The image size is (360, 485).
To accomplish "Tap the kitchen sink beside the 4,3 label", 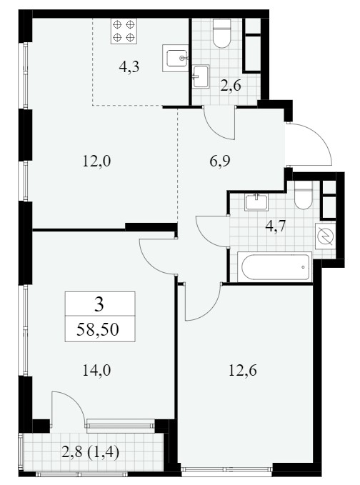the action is pos(176,58).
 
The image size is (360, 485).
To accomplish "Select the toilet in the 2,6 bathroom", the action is pos(222,33).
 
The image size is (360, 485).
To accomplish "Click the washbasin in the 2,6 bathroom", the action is pos(201,76).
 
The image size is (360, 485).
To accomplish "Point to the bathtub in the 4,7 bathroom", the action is pos(274,267).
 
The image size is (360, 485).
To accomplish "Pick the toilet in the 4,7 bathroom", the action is pos(304,195).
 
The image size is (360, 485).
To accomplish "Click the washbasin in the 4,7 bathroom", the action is pos(256,202).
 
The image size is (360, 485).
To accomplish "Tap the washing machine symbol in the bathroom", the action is pos(325,236).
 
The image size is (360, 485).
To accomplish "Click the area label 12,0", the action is pos(96,161).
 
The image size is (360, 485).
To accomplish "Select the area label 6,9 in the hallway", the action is pos(220,161).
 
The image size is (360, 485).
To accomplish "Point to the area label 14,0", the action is pos(96,370).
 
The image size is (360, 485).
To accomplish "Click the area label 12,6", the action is pos(243,370).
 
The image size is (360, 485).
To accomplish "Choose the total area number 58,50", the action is pos(98,330).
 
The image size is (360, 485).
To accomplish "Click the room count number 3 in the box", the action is pos(99,305).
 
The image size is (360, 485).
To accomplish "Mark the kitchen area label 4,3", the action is pos(129,66).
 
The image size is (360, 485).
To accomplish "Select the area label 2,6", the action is pos(231,86).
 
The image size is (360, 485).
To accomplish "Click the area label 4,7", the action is pos(276,226).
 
